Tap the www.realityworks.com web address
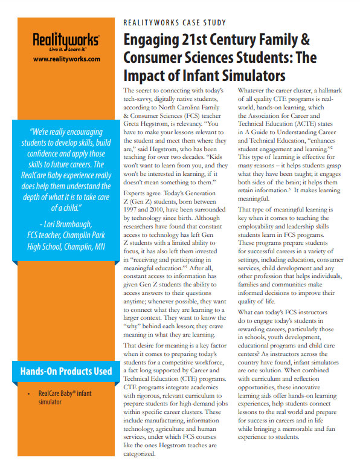[x=66, y=59]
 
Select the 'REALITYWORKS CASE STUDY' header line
[x=175, y=23]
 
